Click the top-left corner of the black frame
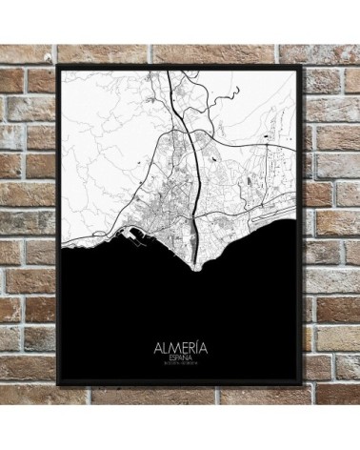click(60, 65)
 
